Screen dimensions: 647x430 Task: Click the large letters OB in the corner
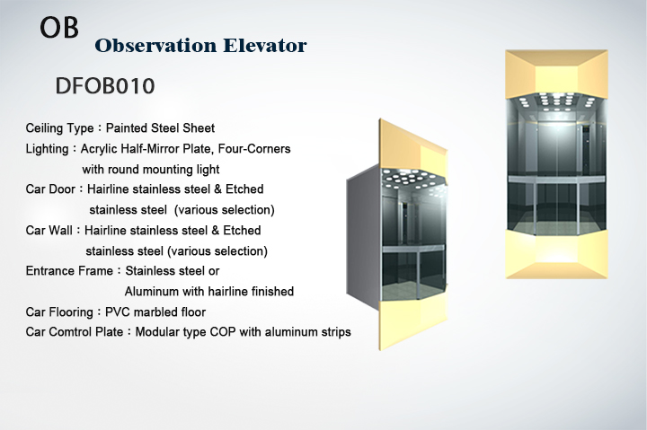59,27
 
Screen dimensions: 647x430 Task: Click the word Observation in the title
155,46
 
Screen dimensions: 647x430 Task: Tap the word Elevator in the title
265,46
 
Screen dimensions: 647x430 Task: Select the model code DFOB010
105,86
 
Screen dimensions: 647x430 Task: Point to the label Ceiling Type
60,128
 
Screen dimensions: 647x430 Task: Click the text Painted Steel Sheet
160,127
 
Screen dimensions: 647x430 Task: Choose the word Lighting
47,149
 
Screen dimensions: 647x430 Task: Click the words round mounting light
164,170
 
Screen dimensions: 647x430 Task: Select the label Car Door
50,189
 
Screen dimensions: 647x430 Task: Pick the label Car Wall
49,230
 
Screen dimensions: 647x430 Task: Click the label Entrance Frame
69,271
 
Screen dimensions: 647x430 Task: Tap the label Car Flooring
59,312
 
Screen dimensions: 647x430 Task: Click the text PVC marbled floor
155,312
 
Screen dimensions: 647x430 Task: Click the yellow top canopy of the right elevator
556,75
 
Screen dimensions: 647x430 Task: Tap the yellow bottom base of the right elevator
556,253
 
